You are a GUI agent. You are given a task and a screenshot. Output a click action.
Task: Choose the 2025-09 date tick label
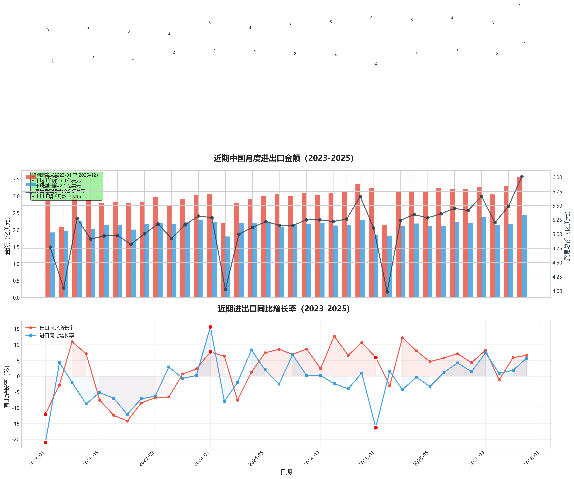coord(476,459)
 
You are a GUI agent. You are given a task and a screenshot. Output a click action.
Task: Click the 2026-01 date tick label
coord(532,459)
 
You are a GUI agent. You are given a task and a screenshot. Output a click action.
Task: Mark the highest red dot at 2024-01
coord(211,327)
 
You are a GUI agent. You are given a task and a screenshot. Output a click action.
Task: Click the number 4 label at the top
coord(520,5)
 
